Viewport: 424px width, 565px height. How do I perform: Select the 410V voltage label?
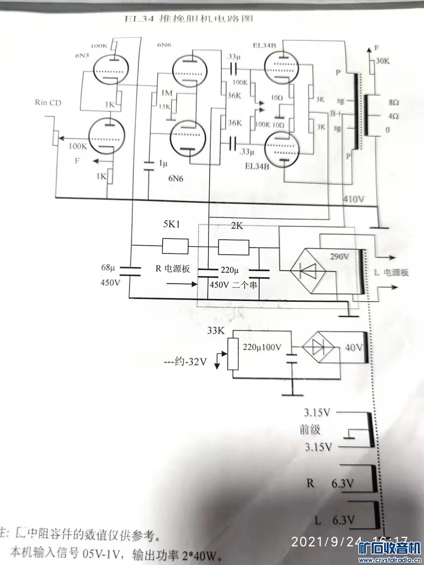tap(353, 199)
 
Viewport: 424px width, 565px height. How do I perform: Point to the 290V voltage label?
tap(340, 257)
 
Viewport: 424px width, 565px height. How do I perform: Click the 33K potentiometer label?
tap(216, 331)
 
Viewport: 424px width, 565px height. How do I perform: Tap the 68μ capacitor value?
tap(108, 268)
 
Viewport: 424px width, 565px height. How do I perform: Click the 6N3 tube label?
tap(82, 55)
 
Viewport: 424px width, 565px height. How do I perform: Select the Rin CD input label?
tap(48, 103)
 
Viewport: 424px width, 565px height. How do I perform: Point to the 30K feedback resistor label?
tap(383, 61)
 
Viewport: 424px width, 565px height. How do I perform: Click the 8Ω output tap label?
tap(393, 102)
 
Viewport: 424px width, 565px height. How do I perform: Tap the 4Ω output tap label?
tap(393, 117)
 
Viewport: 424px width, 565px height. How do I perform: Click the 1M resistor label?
tap(166, 93)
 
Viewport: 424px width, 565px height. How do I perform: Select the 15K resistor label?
tap(164, 106)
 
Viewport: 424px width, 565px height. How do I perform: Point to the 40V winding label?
tap(353, 348)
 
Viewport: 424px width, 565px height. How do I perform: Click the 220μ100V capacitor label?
tap(262, 347)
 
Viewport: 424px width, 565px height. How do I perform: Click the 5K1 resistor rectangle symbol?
tap(175, 247)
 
